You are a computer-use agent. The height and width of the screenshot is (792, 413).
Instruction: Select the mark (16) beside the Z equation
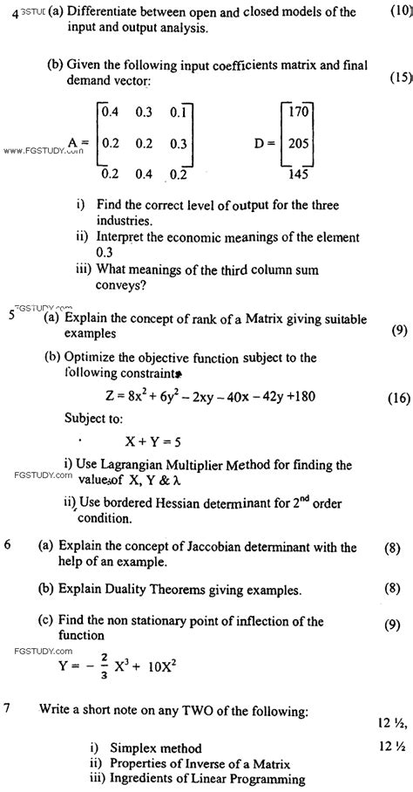click(396, 397)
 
